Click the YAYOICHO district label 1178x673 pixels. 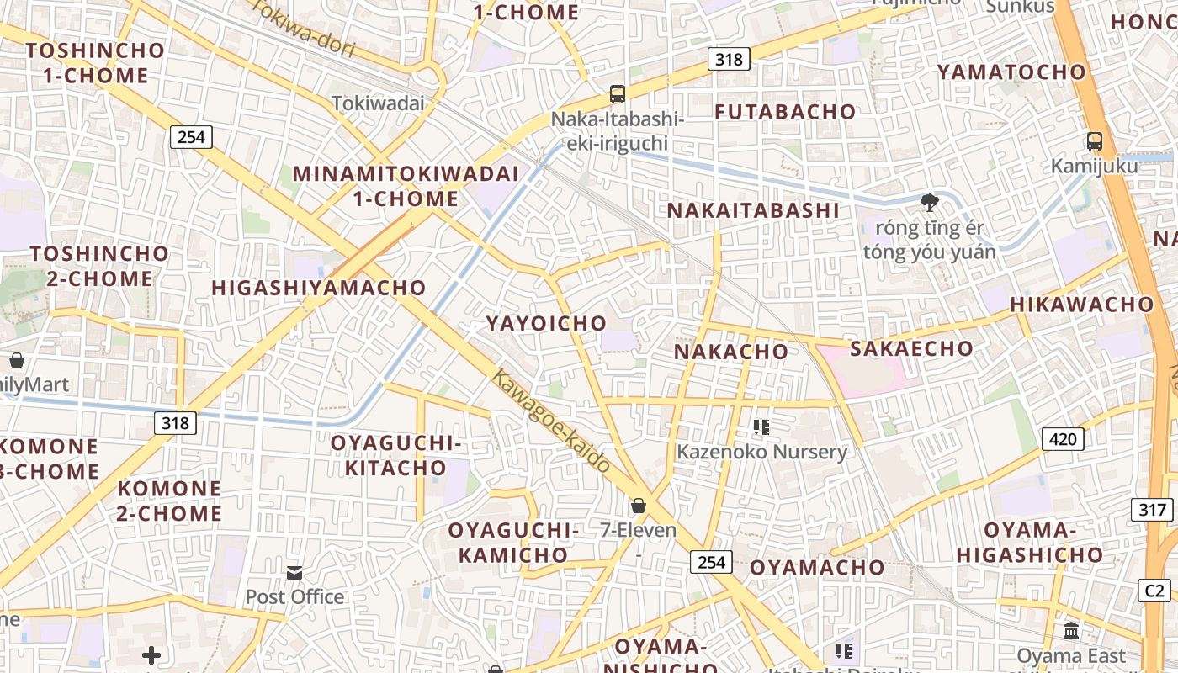(x=546, y=323)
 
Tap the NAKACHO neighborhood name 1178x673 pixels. (x=731, y=352)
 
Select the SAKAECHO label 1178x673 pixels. (x=911, y=348)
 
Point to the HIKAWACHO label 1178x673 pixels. (x=1082, y=305)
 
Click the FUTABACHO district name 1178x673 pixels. (x=785, y=112)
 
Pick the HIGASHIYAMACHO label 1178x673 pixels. (x=319, y=288)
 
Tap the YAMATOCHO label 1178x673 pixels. (x=1012, y=72)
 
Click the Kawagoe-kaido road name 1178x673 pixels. (x=550, y=420)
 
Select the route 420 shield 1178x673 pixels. (x=1063, y=438)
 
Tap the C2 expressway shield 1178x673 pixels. (x=1154, y=590)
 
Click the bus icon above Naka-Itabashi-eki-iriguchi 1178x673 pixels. (x=618, y=94)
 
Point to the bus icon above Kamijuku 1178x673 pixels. (x=1095, y=141)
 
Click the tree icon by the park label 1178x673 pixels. (x=930, y=202)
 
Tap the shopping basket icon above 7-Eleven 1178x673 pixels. (x=639, y=506)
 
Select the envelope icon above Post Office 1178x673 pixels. (x=294, y=573)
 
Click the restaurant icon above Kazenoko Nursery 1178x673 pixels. (x=761, y=427)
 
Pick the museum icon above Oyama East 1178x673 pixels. (x=1071, y=630)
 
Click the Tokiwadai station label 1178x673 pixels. (x=378, y=103)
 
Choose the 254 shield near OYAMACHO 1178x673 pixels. (x=711, y=561)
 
